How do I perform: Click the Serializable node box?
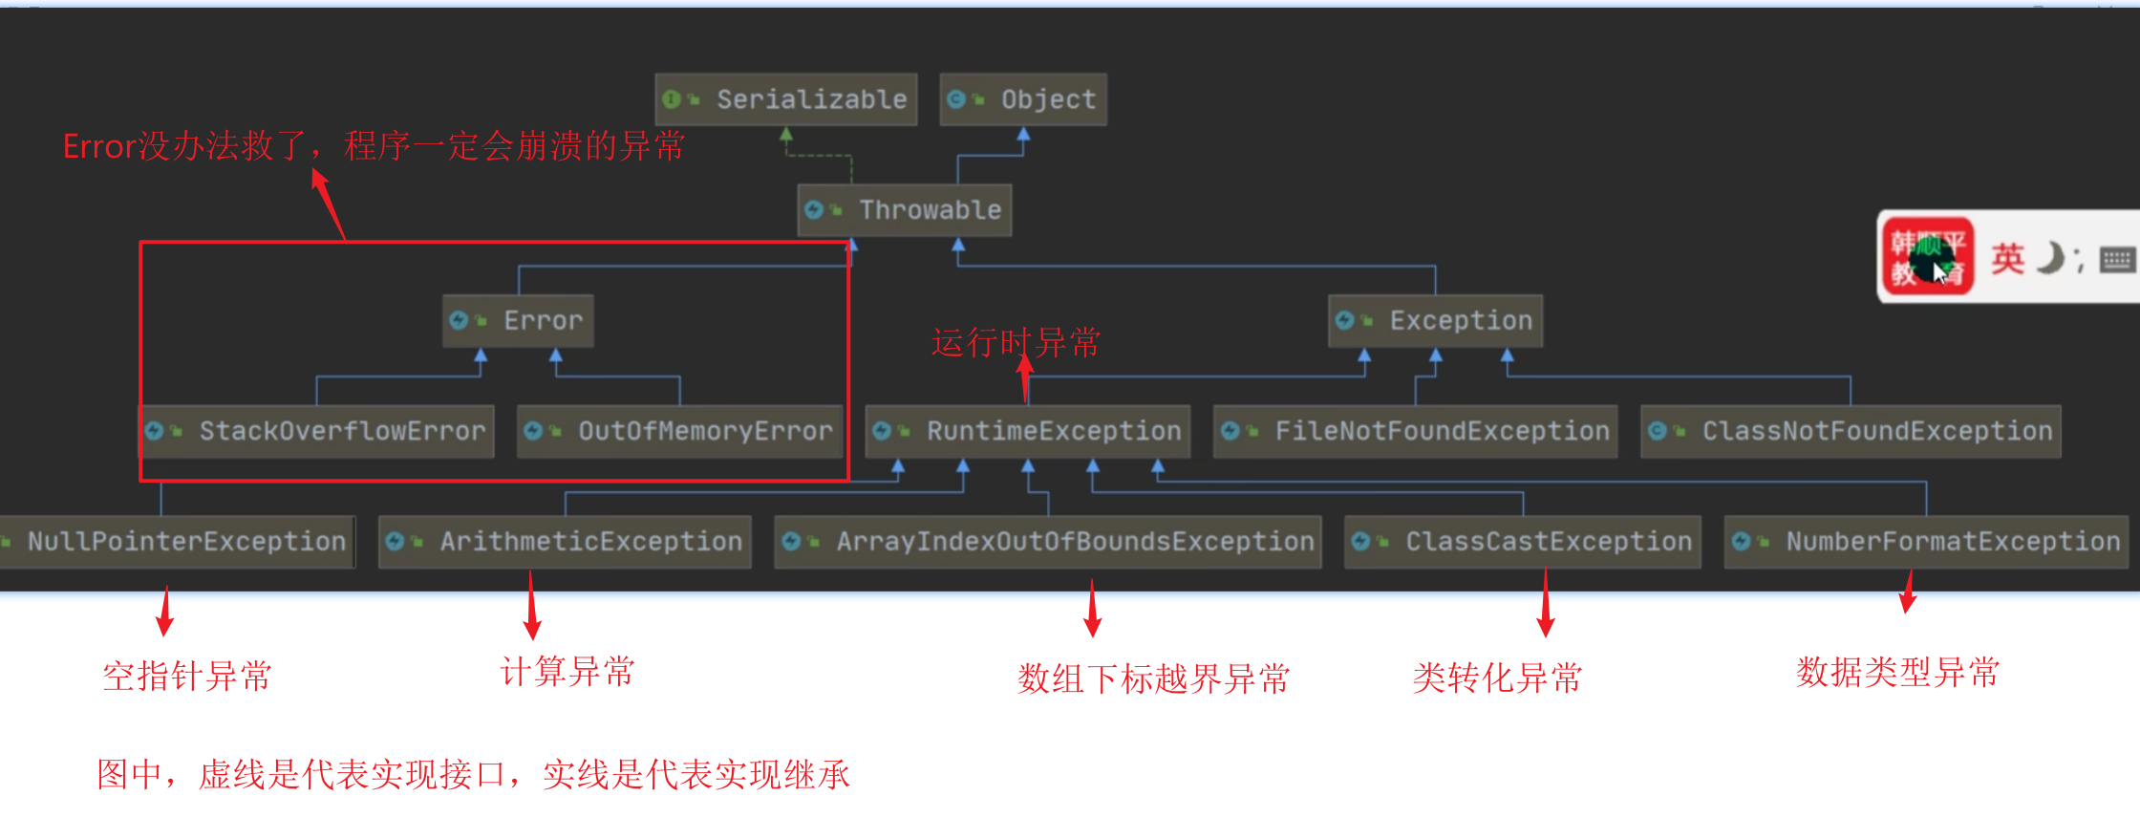pyautogui.click(x=786, y=99)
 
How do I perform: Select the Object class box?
pyautogui.click(x=1023, y=99)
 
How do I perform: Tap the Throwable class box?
pyautogui.click(x=904, y=210)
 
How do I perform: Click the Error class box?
pyautogui.click(x=518, y=321)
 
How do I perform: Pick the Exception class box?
pyautogui.click(x=1435, y=321)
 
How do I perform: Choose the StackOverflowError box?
pyautogui.click(x=318, y=432)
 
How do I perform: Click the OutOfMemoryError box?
pyautogui.click(x=679, y=432)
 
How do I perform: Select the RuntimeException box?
pyautogui.click(x=1028, y=432)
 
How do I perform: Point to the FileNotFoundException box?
pyautogui.click(x=1415, y=432)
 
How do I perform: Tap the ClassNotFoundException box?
pyautogui.click(x=1851, y=432)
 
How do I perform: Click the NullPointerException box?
pyautogui.click(x=178, y=542)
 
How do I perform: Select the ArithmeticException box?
pyautogui.click(x=565, y=542)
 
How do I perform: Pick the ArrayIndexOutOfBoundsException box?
pyautogui.click(x=1048, y=542)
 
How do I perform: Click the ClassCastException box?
pyautogui.click(x=1522, y=542)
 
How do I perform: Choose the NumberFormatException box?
pyautogui.click(x=1926, y=542)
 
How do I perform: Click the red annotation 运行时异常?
pyautogui.click(x=1016, y=342)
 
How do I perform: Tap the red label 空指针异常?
pyautogui.click(x=187, y=676)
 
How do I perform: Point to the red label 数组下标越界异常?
pyautogui.click(x=1153, y=678)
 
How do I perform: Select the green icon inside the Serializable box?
pyautogui.click(x=672, y=99)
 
